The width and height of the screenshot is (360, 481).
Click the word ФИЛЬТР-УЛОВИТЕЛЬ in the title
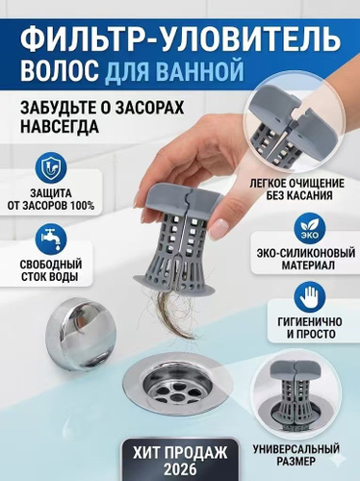[x=180, y=40]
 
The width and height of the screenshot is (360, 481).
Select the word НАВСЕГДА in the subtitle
[x=60, y=127]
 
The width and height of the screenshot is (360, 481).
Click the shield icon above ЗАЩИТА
[x=51, y=168]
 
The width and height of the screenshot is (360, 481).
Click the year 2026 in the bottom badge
[x=180, y=469]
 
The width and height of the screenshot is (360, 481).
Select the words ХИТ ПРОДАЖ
[x=180, y=453]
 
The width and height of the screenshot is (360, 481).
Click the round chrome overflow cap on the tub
[x=80, y=332]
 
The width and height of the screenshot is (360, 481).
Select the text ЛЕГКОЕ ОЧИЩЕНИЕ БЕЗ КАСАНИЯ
[x=297, y=190]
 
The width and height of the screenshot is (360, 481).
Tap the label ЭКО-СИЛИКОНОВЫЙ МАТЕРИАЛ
[x=306, y=259]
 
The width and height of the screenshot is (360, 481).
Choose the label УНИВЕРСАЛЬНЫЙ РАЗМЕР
[x=296, y=455]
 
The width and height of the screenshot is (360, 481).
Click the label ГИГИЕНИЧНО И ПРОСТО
[x=306, y=328]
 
